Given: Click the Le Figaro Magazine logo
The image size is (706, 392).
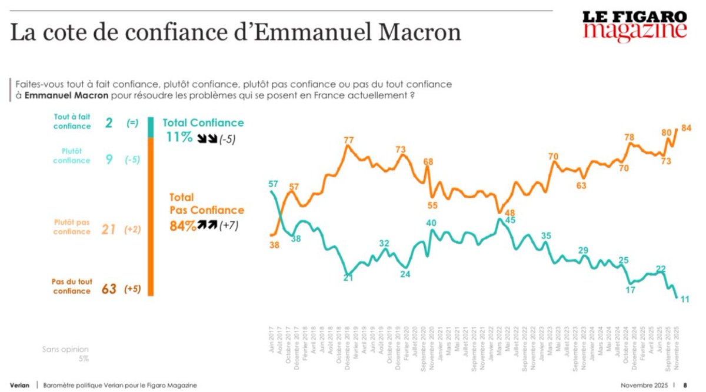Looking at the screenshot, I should click(635, 26).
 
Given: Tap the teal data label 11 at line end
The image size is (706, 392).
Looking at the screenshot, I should click(686, 300).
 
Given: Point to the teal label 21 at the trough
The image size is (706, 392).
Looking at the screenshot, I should click(348, 278).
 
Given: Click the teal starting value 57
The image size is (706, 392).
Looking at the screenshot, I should click(272, 184).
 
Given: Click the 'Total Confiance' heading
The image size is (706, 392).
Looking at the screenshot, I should click(203, 122).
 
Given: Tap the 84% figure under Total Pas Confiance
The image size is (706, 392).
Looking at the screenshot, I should click(183, 225).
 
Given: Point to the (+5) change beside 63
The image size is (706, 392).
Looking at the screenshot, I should click(132, 289).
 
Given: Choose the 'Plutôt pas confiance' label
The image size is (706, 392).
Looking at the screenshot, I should click(72, 227).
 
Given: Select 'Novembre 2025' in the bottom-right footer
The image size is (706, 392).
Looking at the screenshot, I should click(644, 385).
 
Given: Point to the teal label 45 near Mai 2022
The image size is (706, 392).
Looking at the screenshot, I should click(511, 220).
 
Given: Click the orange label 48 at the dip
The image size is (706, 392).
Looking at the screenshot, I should click(510, 212).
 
